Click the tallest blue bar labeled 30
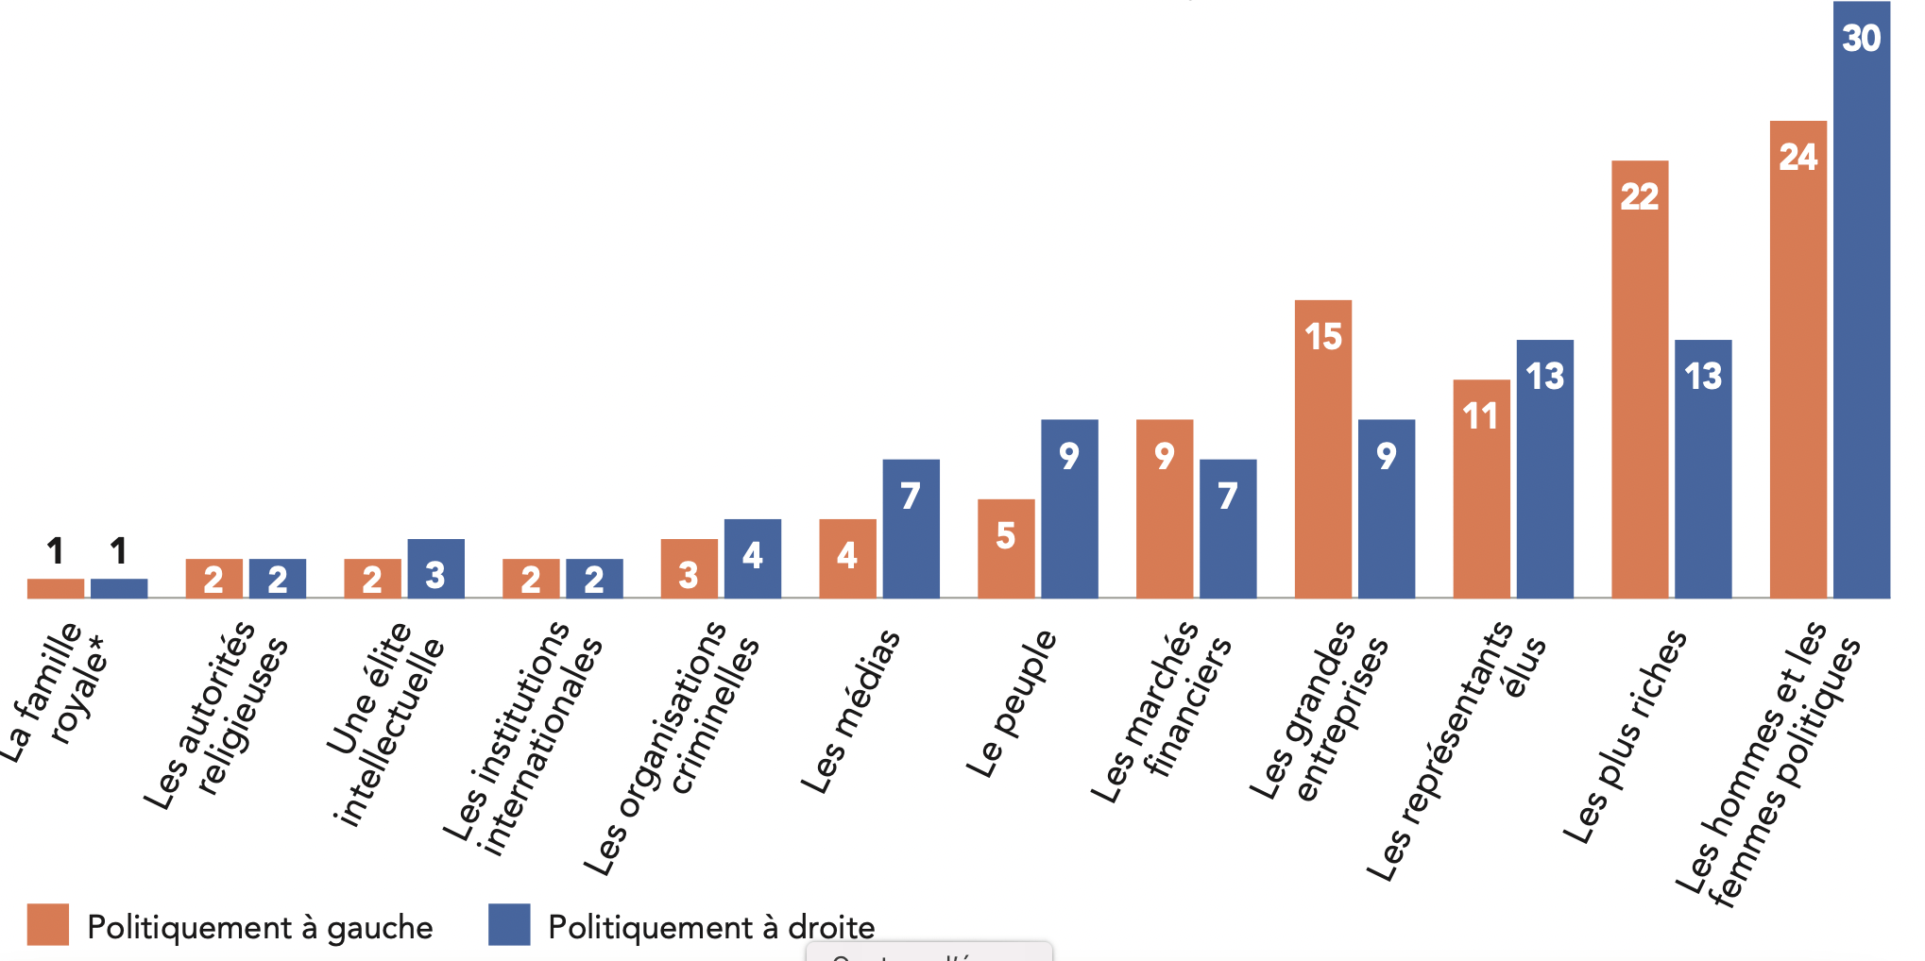click(x=1861, y=302)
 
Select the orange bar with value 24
click(x=1797, y=359)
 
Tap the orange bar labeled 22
click(x=1640, y=378)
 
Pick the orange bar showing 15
click(x=1322, y=448)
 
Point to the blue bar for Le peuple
click(x=1069, y=509)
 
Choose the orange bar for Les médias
click(x=847, y=558)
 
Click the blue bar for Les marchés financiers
click(x=1228, y=529)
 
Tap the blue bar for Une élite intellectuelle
click(x=435, y=568)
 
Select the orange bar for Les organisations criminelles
click(x=689, y=568)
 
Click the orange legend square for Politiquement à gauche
click(x=48, y=924)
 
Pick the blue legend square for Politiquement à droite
click(x=509, y=924)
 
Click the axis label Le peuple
click(x=1011, y=703)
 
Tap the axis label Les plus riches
click(x=1625, y=736)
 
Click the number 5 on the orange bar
click(x=1005, y=536)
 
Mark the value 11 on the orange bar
click(x=1480, y=416)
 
